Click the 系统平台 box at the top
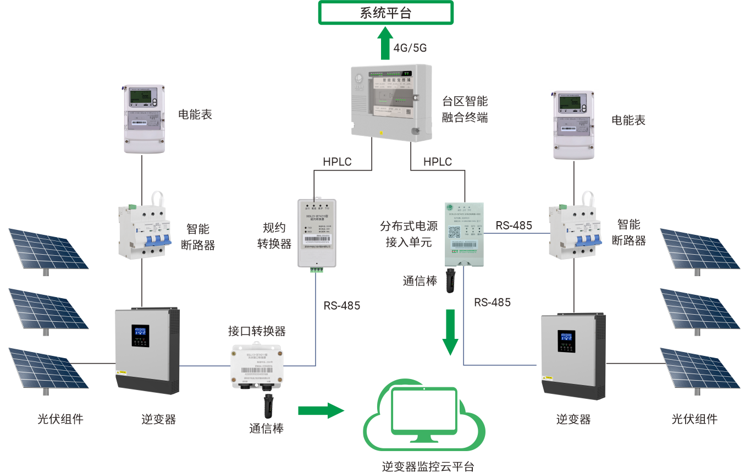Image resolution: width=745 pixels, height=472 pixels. pyautogui.click(x=385, y=13)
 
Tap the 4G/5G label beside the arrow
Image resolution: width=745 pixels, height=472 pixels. pyautogui.click(x=410, y=48)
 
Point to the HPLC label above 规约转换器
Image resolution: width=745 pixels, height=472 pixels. pyautogui.click(x=337, y=162)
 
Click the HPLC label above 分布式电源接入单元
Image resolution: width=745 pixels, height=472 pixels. pyautogui.click(x=438, y=162)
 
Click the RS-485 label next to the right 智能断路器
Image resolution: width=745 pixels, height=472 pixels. pyautogui.click(x=514, y=226)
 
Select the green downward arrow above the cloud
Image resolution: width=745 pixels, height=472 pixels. pyautogui.click(x=451, y=331)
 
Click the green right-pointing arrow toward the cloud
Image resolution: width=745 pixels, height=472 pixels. pyautogui.click(x=321, y=410)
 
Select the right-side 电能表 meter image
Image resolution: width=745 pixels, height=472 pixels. pyautogui.click(x=574, y=125)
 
